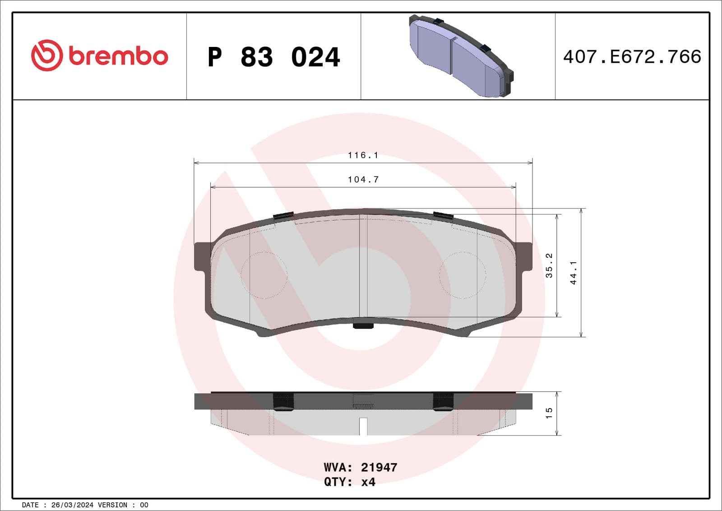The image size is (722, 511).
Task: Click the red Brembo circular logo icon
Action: click(46, 56)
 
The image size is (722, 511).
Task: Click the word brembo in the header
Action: click(118, 56)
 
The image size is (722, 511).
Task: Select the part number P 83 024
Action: click(273, 57)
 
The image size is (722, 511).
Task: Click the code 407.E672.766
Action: click(632, 57)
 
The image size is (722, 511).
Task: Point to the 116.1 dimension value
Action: click(363, 155)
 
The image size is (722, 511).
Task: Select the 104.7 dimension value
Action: click(363, 180)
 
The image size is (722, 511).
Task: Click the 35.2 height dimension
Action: click(549, 265)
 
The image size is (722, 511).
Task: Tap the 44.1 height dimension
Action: click(574, 273)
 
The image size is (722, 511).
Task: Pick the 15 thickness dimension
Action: click(549, 413)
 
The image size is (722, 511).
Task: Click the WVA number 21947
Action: click(379, 467)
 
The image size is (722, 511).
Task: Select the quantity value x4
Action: click(368, 482)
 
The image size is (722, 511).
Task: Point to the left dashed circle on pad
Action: click(264, 275)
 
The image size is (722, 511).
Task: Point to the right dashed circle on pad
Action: click(462, 275)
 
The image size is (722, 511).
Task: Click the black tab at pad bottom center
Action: click(363, 325)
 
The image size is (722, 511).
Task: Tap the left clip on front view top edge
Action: click(284, 215)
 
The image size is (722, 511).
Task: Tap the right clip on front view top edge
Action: click(443, 215)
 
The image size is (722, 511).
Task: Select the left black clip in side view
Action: click(283, 401)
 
